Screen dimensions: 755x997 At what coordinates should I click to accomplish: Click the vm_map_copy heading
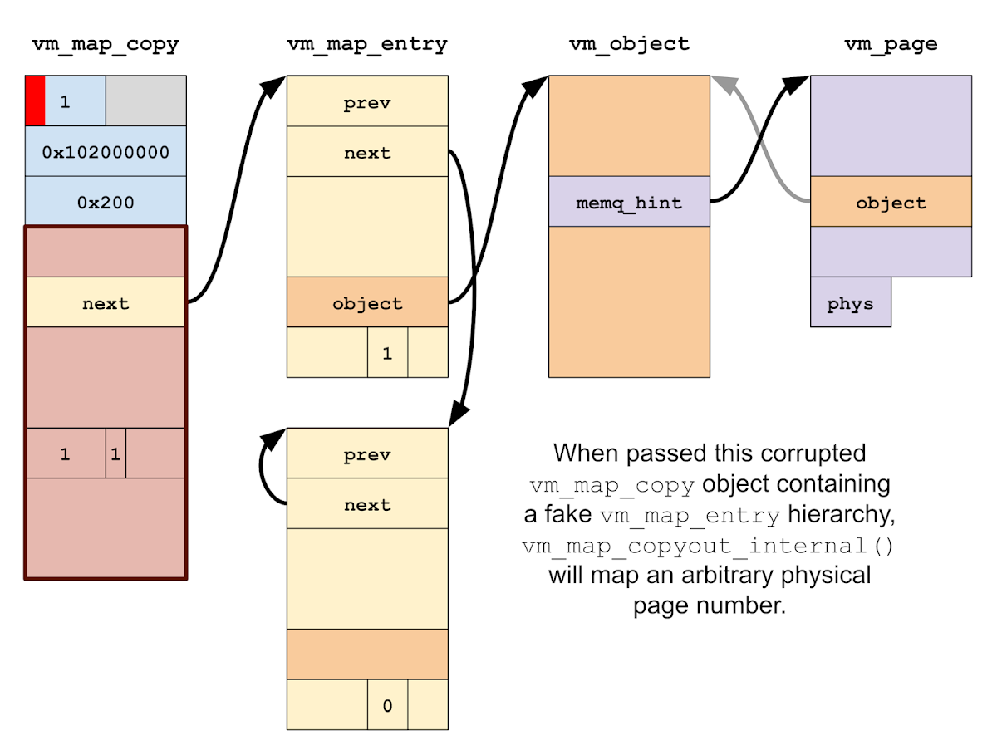(x=106, y=45)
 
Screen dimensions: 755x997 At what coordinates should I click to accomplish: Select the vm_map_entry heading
(x=366, y=45)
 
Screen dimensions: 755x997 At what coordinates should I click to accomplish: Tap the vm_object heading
(x=629, y=45)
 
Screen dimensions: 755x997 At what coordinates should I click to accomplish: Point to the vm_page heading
(x=891, y=45)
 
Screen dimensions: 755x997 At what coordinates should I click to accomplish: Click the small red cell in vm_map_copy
(x=35, y=101)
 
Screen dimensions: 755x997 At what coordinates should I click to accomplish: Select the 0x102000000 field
(x=106, y=152)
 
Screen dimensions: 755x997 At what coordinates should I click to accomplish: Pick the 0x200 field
(x=106, y=202)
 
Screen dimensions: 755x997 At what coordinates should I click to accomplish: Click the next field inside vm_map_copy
(x=106, y=303)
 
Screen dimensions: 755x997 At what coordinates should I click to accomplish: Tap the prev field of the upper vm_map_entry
(x=366, y=103)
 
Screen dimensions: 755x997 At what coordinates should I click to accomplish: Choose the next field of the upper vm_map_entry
(x=366, y=153)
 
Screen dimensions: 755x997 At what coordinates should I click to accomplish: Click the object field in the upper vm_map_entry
(x=366, y=303)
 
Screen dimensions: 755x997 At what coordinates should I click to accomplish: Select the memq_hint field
(x=629, y=202)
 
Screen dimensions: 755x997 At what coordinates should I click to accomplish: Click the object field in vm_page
(x=891, y=202)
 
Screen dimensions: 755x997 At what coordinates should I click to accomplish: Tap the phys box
(x=850, y=303)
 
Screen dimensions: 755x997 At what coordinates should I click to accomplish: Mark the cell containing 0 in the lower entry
(x=387, y=705)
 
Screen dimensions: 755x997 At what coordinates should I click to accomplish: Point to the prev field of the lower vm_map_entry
(x=366, y=454)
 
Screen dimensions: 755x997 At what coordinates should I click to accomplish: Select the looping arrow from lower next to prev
(x=266, y=469)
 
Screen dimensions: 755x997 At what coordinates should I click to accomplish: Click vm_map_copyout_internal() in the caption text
(x=710, y=546)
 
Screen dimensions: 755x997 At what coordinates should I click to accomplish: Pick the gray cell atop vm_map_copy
(x=145, y=101)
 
